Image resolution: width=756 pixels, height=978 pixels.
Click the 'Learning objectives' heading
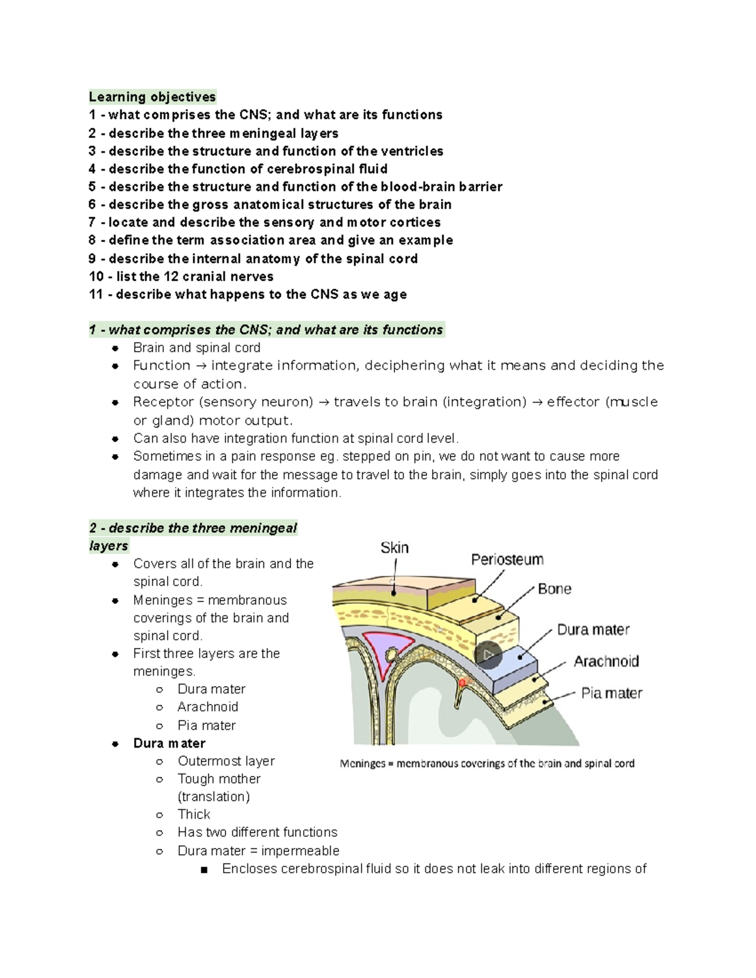[x=152, y=97]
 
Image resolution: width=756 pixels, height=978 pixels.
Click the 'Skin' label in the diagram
[x=394, y=548]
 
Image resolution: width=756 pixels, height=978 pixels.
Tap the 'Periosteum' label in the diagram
[x=507, y=560]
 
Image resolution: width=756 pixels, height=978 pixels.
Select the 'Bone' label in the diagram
[x=554, y=589]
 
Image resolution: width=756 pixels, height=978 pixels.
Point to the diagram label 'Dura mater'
[x=593, y=630]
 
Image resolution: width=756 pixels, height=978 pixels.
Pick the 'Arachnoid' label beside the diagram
[x=606, y=661]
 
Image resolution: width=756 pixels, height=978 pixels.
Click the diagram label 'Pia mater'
[x=611, y=693]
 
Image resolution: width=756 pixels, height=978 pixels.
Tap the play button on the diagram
[x=488, y=656]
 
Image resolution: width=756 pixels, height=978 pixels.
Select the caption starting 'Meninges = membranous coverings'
[x=487, y=763]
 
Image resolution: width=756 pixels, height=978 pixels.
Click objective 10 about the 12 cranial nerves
[x=181, y=276]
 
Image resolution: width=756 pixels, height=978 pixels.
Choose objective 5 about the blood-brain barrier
[x=295, y=187]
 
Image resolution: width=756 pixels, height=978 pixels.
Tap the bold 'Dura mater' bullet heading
[x=169, y=743]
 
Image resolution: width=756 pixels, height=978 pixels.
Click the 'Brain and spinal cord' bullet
[x=197, y=348]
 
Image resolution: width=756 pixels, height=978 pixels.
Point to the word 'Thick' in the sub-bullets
[x=193, y=814]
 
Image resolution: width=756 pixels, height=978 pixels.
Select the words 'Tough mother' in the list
[x=219, y=779]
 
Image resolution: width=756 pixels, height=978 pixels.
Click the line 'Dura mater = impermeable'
[x=258, y=851]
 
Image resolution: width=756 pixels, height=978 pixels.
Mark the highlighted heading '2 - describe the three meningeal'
[x=193, y=528]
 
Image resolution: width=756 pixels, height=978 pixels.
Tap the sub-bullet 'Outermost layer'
[x=226, y=761]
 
